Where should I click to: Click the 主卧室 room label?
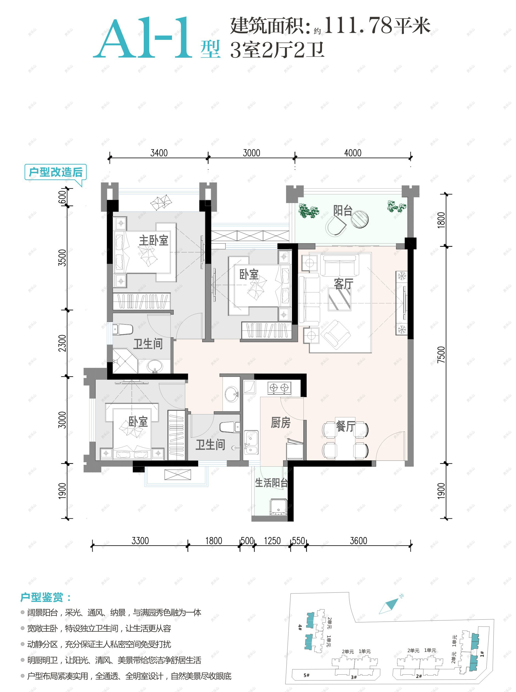click(x=153, y=240)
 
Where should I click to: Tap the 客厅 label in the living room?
click(x=343, y=284)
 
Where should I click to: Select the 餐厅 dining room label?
click(x=346, y=426)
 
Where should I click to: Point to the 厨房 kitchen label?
click(x=281, y=423)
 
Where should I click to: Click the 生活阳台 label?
click(x=271, y=483)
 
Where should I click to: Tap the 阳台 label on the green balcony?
click(x=343, y=210)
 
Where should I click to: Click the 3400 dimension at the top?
click(x=159, y=153)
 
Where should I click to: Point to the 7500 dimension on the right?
click(x=441, y=355)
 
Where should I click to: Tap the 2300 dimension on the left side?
click(x=62, y=343)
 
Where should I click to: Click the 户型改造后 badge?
click(x=55, y=172)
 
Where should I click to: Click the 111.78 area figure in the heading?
click(x=358, y=25)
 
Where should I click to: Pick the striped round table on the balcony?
click(x=359, y=219)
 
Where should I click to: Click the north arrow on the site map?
click(x=389, y=606)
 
